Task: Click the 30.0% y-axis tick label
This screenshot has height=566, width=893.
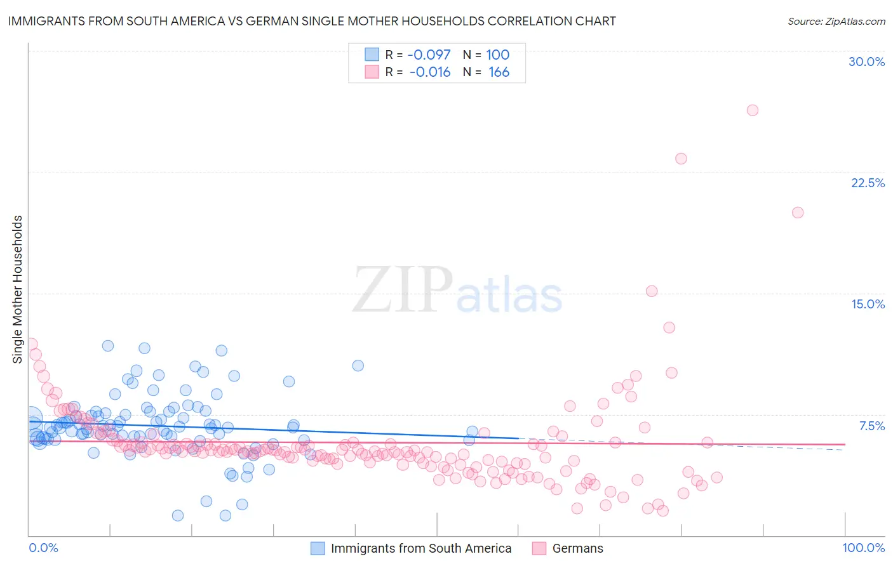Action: coord(866,62)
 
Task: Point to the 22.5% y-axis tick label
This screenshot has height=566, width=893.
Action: coord(868,183)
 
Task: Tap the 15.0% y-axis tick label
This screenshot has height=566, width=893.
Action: coord(868,304)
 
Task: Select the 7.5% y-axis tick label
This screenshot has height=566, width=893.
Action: coord(871,426)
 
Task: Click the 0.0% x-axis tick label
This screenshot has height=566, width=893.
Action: coord(43,548)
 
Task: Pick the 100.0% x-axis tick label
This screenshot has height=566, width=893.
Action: coord(863,548)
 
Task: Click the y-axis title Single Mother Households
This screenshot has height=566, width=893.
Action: coord(18,289)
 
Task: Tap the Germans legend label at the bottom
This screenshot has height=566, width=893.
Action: coord(577,548)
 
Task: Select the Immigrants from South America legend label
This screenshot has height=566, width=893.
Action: coord(420,548)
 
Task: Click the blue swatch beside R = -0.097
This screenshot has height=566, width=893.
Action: coord(372,55)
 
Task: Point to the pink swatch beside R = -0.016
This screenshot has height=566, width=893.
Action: coord(372,72)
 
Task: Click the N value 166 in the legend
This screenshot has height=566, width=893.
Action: coord(499,72)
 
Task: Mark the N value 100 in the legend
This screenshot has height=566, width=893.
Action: coord(498,55)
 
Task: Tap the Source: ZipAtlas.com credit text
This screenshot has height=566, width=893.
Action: coord(836,21)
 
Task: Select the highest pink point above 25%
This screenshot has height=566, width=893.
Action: coord(753,110)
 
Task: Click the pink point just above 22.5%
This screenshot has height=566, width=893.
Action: coord(681,159)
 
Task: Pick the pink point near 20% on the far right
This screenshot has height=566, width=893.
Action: coord(798,213)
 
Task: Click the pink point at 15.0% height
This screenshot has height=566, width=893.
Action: coord(652,291)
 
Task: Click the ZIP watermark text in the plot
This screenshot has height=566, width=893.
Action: coord(403,290)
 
